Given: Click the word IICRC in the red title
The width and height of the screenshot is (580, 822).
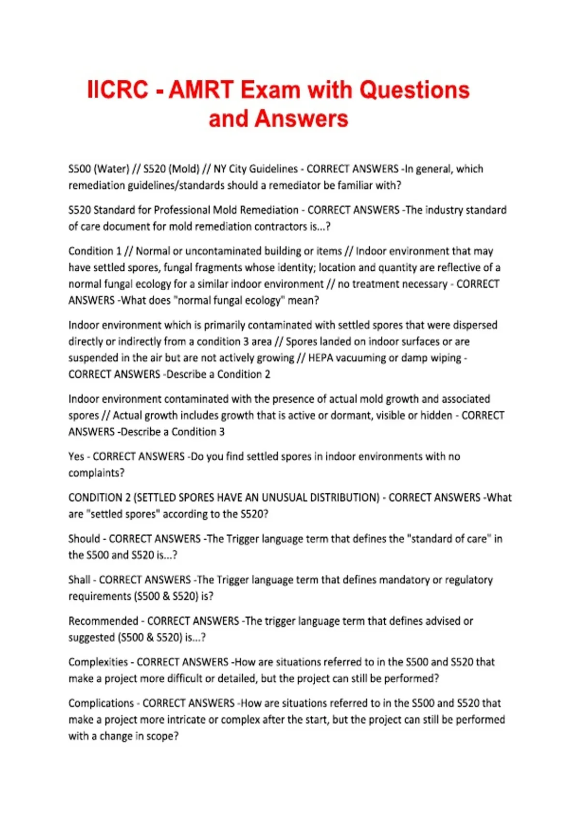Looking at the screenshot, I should coord(117,90).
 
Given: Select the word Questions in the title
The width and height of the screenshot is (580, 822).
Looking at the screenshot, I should coord(414,90).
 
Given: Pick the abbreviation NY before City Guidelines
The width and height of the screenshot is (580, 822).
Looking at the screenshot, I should coord(220,169).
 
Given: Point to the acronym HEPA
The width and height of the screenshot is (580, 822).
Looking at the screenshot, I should coord(320,358).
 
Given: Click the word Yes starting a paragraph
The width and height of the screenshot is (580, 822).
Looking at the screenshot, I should coord(76,456).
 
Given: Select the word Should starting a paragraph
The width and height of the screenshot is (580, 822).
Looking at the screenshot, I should coord(84,539).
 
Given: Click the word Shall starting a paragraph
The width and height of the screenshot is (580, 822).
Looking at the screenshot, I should coord(79,580).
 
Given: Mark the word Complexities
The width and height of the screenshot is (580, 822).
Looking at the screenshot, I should coord(98,662).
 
